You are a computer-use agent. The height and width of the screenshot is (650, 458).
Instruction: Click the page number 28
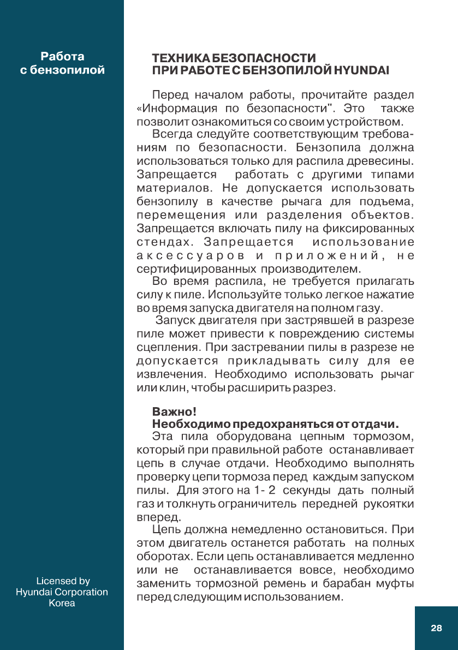[x=436, y=628]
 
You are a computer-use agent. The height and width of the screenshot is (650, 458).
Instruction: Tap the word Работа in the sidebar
[x=62, y=57]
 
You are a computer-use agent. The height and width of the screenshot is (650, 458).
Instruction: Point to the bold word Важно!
[x=174, y=411]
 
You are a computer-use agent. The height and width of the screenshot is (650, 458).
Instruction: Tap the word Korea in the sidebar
[x=62, y=603]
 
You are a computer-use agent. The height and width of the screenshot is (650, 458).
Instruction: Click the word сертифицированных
[x=197, y=269]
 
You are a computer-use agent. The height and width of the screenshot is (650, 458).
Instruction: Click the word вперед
[x=157, y=516]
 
